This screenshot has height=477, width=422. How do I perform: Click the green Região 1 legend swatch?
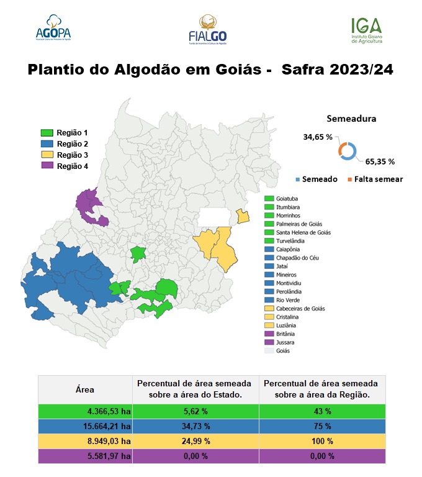(x=47, y=133)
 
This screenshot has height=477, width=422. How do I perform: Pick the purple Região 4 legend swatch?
(x=47, y=166)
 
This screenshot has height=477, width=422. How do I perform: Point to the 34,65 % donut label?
(x=317, y=137)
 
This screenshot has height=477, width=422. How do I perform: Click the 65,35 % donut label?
(x=380, y=161)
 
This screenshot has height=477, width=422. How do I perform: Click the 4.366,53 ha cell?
(x=85, y=412)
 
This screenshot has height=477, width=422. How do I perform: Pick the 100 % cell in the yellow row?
(x=321, y=441)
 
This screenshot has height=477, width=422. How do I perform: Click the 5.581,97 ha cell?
(x=85, y=456)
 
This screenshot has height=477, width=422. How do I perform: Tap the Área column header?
(x=85, y=390)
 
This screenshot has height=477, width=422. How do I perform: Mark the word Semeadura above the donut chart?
(x=351, y=119)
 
